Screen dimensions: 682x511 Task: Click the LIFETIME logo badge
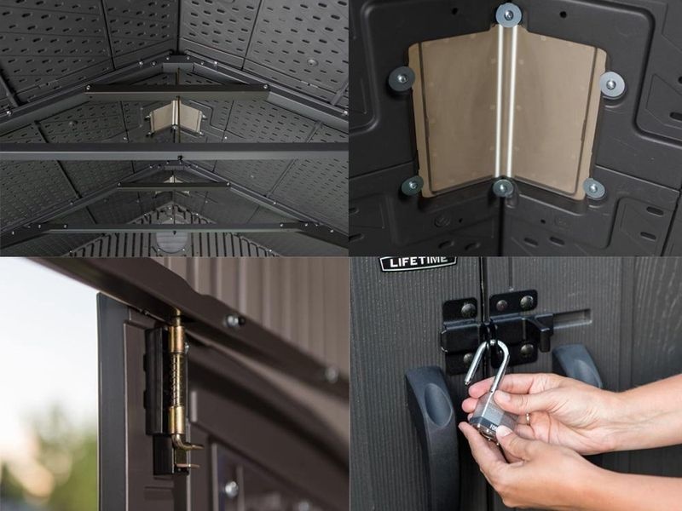click(418, 262)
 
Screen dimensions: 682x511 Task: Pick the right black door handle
click(578, 366)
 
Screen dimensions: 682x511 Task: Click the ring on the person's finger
click(528, 418)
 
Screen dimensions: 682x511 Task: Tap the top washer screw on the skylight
click(507, 15)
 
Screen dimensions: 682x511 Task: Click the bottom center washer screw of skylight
click(502, 187)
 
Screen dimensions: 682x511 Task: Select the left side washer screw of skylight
click(402, 78)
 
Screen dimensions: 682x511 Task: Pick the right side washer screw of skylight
click(611, 83)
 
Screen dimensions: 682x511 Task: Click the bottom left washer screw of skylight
click(413, 186)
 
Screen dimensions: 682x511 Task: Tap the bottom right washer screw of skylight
click(593, 188)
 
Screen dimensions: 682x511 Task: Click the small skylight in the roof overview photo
click(176, 116)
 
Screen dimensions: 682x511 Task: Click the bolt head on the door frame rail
click(233, 321)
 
